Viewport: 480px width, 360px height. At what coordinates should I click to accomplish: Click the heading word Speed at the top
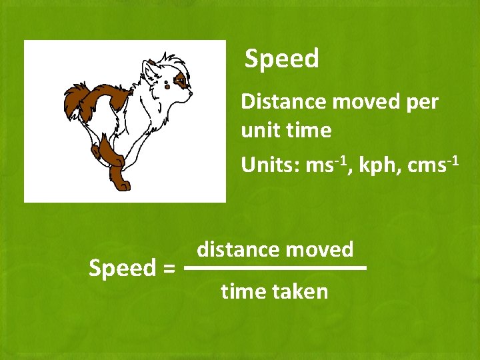click(x=282, y=59)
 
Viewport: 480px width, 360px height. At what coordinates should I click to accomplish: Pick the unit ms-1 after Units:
click(x=324, y=165)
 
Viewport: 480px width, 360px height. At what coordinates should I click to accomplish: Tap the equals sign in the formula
click(x=168, y=269)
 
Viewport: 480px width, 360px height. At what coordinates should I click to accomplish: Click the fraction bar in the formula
click(x=275, y=268)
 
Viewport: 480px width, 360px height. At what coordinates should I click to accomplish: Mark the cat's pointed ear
click(x=148, y=68)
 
